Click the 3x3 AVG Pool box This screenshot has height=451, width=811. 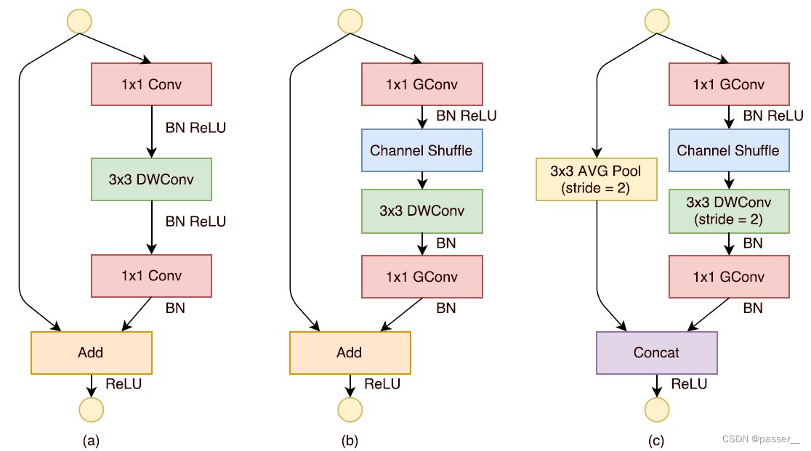(x=595, y=179)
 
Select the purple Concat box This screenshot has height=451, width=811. (x=656, y=352)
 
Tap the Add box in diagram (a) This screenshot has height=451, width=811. (x=91, y=352)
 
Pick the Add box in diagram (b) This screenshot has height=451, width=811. (x=350, y=352)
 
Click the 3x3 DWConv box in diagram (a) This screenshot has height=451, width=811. (x=150, y=179)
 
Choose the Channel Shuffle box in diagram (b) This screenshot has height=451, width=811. (x=421, y=151)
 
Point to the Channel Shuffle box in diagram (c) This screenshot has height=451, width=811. (x=728, y=151)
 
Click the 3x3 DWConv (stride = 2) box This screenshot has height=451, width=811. (x=728, y=211)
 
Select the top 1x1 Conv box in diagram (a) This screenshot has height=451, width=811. (x=150, y=84)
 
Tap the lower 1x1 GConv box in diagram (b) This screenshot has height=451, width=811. (x=421, y=276)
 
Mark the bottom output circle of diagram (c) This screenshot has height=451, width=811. (x=657, y=410)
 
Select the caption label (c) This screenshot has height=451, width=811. (x=656, y=440)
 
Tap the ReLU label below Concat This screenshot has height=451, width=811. (x=689, y=383)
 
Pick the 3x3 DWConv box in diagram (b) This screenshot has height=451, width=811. (x=421, y=211)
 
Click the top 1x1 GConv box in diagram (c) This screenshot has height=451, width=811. (x=728, y=84)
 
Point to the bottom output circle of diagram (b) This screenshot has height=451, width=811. (x=350, y=410)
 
